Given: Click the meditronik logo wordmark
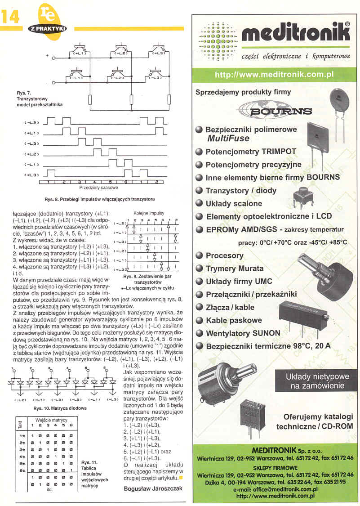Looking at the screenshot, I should pos(295,34).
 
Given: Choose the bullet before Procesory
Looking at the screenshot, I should pos(199,255).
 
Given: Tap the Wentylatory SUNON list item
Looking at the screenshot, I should pos(243,333).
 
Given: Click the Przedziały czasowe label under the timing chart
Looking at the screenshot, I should pos(98,188).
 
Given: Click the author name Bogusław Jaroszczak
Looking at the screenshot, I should pos(153,488).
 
